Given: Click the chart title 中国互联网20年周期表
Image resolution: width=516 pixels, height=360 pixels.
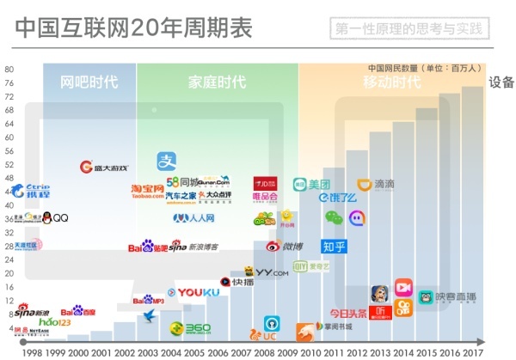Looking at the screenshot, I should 133,28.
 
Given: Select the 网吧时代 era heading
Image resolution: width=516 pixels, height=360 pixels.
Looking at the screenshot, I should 89,82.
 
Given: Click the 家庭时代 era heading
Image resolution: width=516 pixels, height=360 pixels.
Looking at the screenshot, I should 217,82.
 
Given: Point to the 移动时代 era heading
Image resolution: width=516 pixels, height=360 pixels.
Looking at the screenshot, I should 391,82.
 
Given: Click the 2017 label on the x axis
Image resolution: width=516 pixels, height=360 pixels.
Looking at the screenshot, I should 474,352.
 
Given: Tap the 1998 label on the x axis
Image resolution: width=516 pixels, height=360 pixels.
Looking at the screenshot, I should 33,352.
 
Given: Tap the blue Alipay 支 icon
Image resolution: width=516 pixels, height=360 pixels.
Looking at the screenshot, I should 166,161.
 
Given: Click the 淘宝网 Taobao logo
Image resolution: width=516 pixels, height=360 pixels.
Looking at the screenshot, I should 147,190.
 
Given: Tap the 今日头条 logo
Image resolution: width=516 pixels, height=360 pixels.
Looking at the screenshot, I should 348,313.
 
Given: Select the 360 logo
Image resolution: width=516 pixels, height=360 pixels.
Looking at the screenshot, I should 190,328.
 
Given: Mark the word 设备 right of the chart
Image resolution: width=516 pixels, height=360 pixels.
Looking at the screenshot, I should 501,82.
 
